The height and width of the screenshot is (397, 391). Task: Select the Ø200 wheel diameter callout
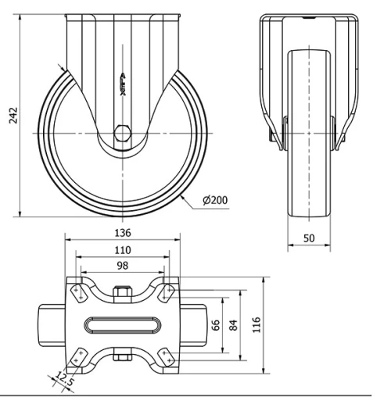(215, 201)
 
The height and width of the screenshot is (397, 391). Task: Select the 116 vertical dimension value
(258, 324)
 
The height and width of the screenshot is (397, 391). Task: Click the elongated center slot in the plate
(121, 324)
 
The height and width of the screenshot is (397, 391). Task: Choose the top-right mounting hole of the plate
(166, 291)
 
